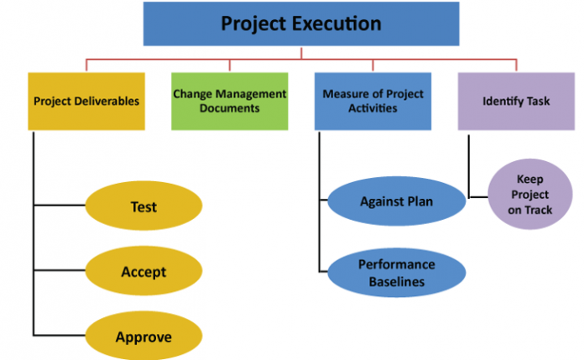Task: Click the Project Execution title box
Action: tap(300, 23)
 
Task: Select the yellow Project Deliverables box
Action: tap(86, 102)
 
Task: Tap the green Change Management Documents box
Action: tap(229, 102)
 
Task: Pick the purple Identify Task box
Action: tap(516, 102)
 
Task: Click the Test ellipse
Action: tap(143, 206)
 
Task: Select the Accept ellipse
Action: tap(143, 272)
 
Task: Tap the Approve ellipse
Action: tap(143, 337)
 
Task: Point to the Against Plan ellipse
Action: tap(395, 201)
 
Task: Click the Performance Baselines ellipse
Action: tap(395, 272)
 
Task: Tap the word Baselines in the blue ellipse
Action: tap(395, 281)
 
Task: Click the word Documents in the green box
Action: tap(229, 109)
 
